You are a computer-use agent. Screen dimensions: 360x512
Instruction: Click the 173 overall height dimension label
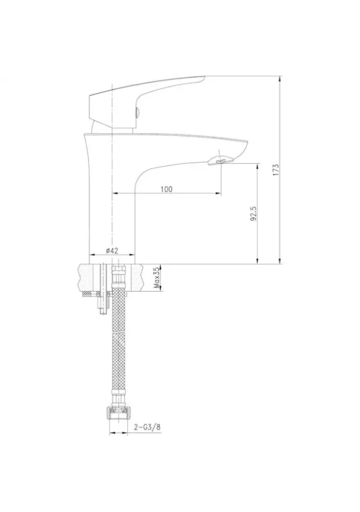coord(276,170)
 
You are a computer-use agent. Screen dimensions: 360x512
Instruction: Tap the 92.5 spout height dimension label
coord(254,213)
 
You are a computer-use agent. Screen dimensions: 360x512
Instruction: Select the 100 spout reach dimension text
coord(166,189)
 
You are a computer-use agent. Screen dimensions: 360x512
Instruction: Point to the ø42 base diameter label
coord(111,251)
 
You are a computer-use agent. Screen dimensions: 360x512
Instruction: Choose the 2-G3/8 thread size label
coord(147,427)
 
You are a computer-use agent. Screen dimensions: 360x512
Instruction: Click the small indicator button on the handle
coord(137,114)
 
